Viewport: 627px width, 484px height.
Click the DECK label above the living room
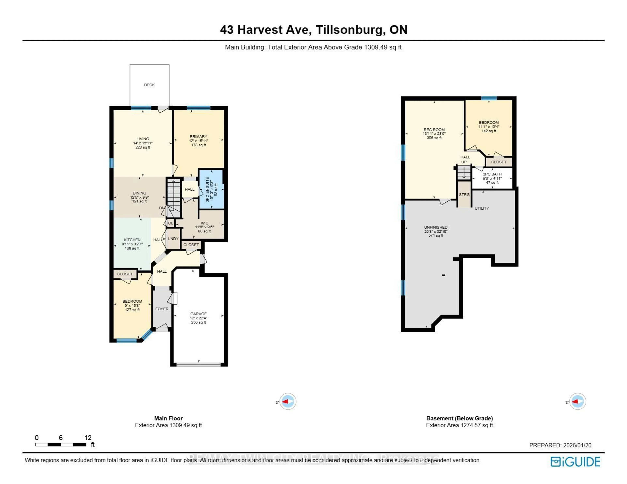pyautogui.click(x=149, y=85)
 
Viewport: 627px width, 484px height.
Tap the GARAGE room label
pyautogui.click(x=198, y=314)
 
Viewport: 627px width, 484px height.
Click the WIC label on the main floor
pyautogui.click(x=204, y=223)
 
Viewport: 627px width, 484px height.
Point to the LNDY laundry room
pyautogui.click(x=173, y=239)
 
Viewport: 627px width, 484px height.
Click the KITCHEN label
pyautogui.click(x=132, y=240)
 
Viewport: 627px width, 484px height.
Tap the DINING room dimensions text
pyautogui.click(x=140, y=197)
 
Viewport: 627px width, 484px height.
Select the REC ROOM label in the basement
pyautogui.click(x=434, y=130)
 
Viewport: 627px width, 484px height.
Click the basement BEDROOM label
pyautogui.click(x=489, y=123)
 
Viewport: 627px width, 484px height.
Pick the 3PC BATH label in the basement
pyautogui.click(x=492, y=174)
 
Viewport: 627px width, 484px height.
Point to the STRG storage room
pyautogui.click(x=464, y=194)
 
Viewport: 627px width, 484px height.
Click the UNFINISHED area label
pyautogui.click(x=436, y=227)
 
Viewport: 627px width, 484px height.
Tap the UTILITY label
pyautogui.click(x=482, y=208)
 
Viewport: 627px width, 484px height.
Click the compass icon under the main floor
pyautogui.click(x=288, y=401)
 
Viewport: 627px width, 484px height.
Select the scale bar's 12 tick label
pyautogui.click(x=88, y=438)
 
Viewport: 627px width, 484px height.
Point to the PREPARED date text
pyautogui.click(x=560, y=445)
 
